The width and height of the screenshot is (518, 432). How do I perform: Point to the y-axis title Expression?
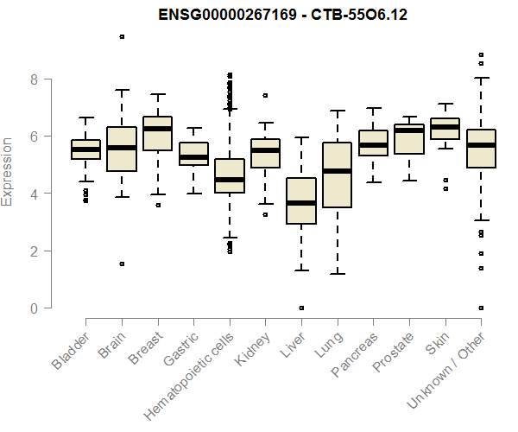(x=9, y=171)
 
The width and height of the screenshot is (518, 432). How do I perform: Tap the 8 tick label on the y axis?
(x=34, y=79)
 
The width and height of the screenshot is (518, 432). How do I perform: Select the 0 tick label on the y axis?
(x=34, y=308)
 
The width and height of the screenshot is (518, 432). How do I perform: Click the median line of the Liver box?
(x=301, y=203)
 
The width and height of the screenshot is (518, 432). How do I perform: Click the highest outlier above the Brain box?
(x=122, y=36)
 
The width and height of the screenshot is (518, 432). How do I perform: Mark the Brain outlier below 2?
(x=122, y=264)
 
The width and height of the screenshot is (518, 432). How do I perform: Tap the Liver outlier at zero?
(x=301, y=308)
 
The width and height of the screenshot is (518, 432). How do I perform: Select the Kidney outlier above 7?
(x=265, y=95)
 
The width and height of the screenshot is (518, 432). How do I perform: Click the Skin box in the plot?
(x=445, y=127)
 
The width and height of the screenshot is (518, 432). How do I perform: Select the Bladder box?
(x=85, y=149)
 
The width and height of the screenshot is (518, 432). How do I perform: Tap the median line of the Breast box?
(x=157, y=129)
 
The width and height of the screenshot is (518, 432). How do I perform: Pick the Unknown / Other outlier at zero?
(x=481, y=308)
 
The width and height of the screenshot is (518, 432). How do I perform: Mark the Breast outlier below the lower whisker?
(x=157, y=206)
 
